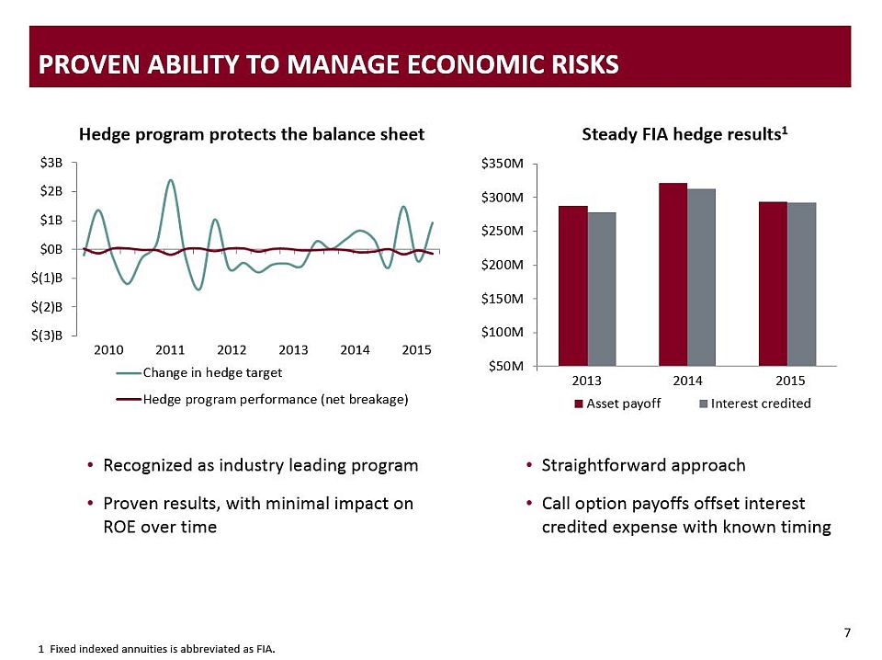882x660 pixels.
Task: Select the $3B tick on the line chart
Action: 52,163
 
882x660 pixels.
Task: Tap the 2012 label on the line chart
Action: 232,350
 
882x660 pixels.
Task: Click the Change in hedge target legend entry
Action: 212,372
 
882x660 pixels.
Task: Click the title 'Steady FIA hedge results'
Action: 685,134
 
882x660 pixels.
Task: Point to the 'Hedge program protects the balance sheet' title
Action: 252,134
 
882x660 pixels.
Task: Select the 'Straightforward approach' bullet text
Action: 643,465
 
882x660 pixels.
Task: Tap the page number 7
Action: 846,632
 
